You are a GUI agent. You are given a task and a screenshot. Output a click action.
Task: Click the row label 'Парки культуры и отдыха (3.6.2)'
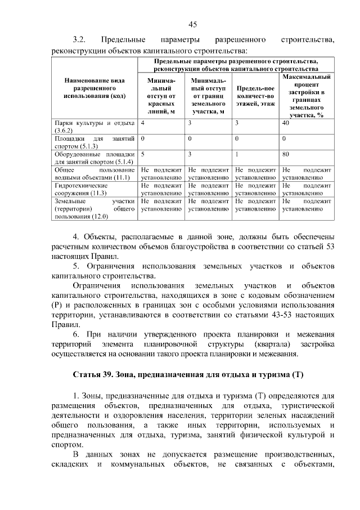tap(94, 126)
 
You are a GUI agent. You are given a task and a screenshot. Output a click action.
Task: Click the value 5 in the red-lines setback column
tap(143, 153)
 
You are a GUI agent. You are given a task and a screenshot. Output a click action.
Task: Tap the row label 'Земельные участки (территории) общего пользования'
tap(94, 208)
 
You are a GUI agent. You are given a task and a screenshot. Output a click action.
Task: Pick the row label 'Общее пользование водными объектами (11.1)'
tap(94, 173)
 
